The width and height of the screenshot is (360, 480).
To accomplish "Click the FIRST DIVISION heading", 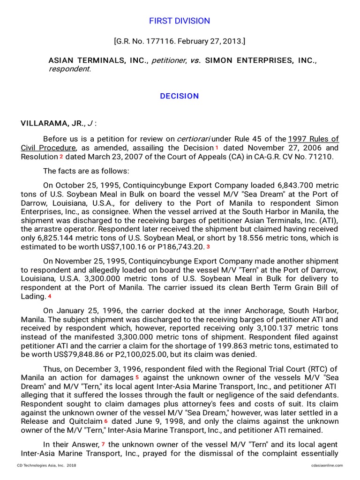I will (x=180, y=21).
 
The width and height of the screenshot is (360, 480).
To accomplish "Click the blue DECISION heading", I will (x=180, y=96).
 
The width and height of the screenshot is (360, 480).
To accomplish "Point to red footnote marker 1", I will (x=217, y=148).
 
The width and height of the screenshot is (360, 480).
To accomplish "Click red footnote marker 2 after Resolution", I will (x=61, y=157).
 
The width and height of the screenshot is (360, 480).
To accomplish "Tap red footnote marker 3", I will (x=208, y=247).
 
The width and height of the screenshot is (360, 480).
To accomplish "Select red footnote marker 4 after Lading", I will (x=49, y=296).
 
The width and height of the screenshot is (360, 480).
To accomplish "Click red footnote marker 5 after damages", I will (x=137, y=377).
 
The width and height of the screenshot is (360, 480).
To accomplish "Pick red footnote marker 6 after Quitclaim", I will (x=106, y=421).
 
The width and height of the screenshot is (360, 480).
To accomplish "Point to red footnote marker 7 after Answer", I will (x=103, y=444).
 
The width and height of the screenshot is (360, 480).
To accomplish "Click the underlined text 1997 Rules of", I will (x=313, y=139).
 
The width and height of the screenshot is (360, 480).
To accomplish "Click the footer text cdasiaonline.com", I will (x=327, y=465).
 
